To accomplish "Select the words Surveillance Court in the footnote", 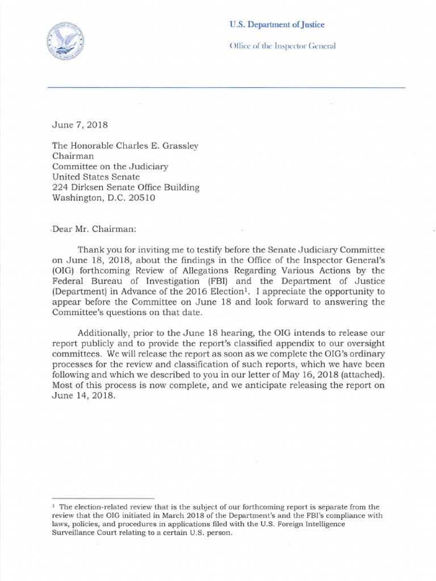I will click(x=87, y=534).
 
